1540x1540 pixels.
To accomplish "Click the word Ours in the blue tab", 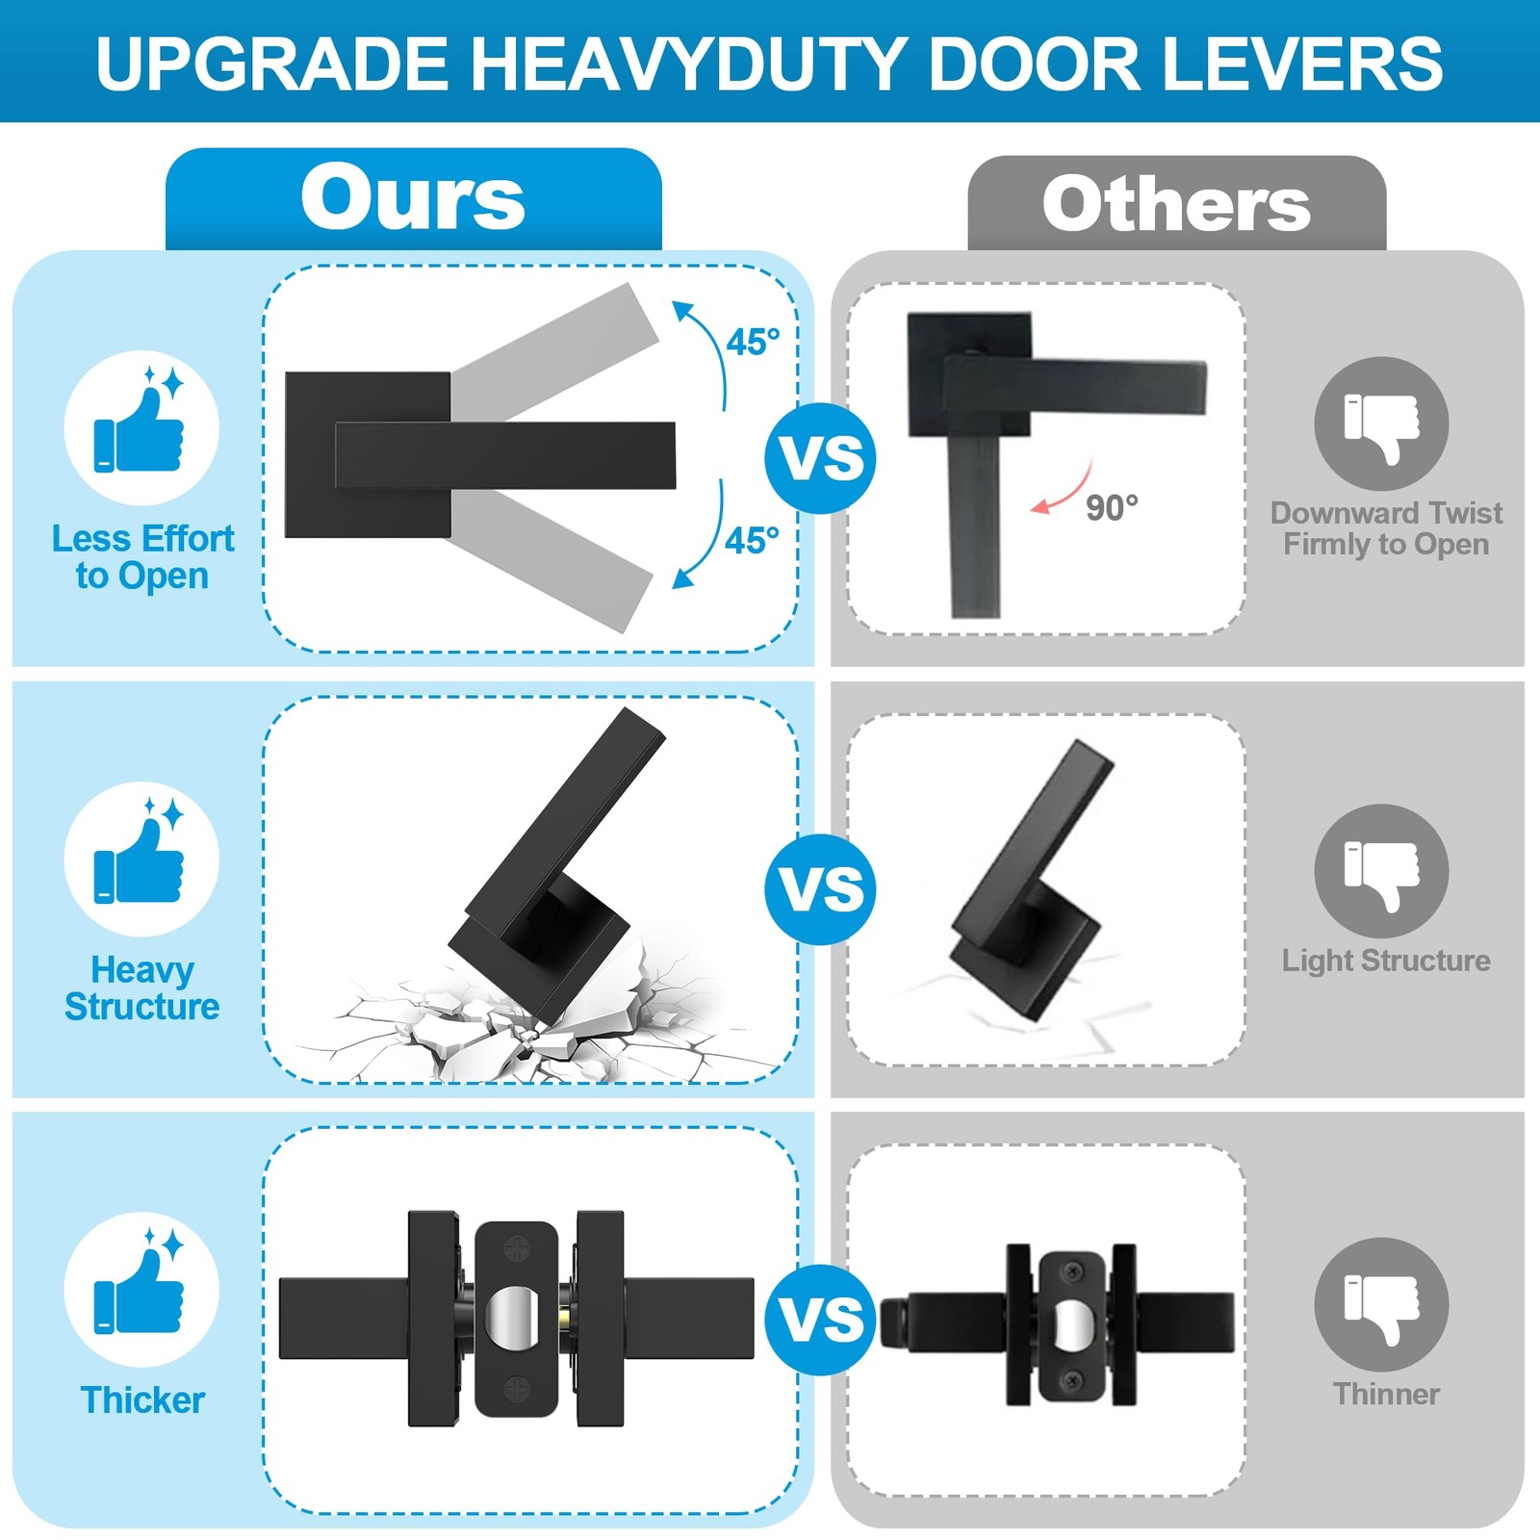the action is (x=413, y=197).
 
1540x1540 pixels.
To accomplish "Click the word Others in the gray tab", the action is (x=1176, y=204).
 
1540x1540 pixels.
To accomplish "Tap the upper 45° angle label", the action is (x=753, y=342).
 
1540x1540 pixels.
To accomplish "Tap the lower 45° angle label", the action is (x=752, y=540).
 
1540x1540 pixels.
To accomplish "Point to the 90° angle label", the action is (x=1112, y=507).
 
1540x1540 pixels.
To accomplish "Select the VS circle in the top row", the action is (x=821, y=458).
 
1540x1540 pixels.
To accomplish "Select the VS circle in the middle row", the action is (x=821, y=888).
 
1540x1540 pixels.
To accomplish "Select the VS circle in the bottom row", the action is (x=821, y=1320).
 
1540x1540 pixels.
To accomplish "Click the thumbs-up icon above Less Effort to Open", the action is (x=141, y=427).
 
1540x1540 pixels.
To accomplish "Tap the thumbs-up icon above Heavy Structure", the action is (x=141, y=859).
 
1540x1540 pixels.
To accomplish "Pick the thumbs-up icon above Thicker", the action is (x=141, y=1290).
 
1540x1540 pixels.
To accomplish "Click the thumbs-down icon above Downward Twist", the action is (x=1382, y=424).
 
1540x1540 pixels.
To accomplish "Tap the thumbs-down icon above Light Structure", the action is (x=1382, y=871).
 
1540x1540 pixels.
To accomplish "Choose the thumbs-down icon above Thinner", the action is (x=1382, y=1304).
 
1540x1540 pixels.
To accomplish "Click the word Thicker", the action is (x=142, y=1400).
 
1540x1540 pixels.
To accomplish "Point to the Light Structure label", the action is (x=1386, y=961).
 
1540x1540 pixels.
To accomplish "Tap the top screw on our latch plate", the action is (x=518, y=1251).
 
